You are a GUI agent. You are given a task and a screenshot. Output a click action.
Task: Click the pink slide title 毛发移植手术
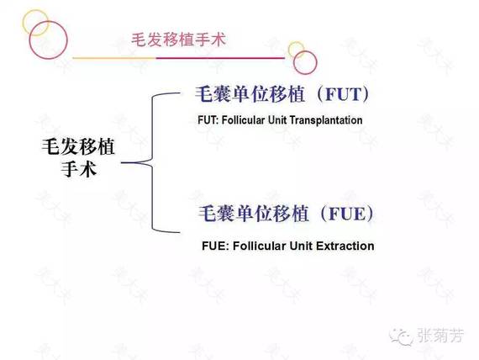[179, 40]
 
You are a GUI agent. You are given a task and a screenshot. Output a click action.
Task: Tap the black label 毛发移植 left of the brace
[78, 147]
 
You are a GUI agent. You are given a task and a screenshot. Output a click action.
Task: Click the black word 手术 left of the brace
[79, 169]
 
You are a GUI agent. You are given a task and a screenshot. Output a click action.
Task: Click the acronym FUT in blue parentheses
[344, 94]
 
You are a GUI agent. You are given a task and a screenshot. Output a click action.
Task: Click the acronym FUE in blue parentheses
[347, 214]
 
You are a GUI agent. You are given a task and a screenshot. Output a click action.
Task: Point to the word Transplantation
[326, 120]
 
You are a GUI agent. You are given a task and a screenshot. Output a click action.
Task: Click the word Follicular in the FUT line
[243, 120]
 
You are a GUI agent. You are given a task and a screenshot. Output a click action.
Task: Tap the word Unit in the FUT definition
[277, 120]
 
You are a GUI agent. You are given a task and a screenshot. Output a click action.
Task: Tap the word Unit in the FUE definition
[301, 246]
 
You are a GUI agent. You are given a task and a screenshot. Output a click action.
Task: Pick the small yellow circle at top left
[24, 23]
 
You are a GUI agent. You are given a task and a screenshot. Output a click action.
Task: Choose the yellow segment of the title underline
[114, 58]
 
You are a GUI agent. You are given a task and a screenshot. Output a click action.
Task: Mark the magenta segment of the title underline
[220, 58]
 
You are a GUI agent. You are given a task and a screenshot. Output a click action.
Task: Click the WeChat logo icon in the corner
[401, 336]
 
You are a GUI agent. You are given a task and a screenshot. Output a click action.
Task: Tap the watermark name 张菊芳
[440, 336]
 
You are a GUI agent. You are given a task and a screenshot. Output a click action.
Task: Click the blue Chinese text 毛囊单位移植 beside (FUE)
[254, 214]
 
